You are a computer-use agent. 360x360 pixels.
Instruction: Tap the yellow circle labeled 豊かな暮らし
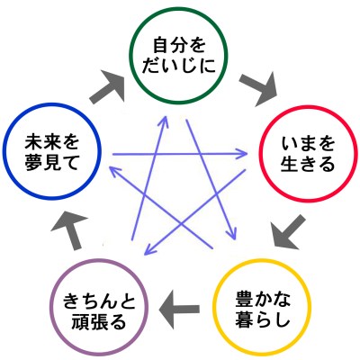[262, 261]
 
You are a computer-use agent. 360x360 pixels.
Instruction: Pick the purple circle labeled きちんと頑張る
[99, 260]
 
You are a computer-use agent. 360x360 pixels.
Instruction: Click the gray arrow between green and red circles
[259, 87]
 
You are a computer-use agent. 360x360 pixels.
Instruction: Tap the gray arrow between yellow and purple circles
[179, 309]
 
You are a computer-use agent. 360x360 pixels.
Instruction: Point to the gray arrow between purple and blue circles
[70, 230]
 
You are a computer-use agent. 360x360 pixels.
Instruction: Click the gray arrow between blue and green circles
[108, 86]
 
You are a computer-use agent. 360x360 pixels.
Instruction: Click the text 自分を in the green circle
[179, 46]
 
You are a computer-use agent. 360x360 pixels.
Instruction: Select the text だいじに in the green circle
[179, 66]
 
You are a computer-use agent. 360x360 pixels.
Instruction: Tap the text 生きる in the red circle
[308, 164]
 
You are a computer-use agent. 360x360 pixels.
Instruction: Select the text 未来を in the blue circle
[52, 143]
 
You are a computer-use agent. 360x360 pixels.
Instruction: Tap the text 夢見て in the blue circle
[52, 163]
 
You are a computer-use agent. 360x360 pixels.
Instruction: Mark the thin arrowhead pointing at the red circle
[242, 154]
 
